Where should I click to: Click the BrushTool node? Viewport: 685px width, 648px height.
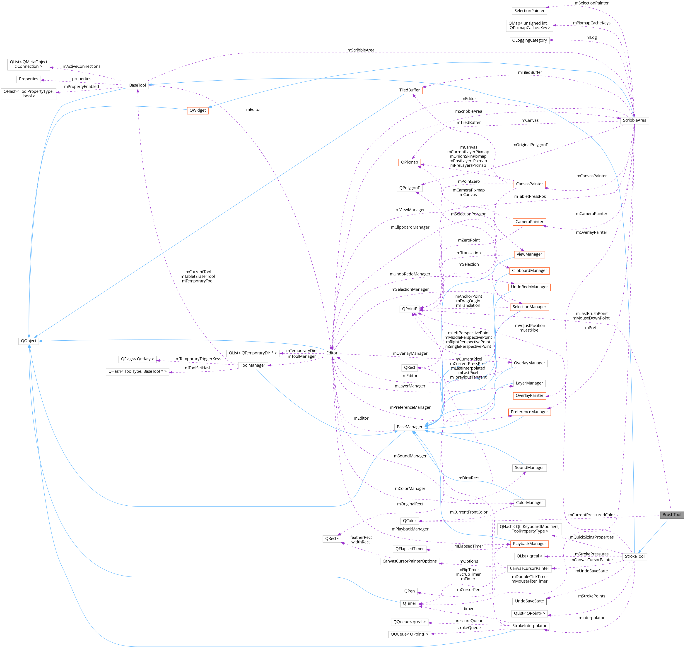[671, 515]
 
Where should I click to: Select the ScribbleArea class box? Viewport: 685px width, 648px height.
[634, 120]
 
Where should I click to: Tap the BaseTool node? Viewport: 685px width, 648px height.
[137, 85]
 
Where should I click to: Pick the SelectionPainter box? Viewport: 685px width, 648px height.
[529, 11]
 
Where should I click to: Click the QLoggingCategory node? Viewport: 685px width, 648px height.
[529, 41]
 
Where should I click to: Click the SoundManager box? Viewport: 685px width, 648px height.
[529, 468]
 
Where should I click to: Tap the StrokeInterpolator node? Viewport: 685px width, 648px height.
[529, 626]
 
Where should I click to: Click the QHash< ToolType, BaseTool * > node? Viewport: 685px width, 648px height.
[137, 371]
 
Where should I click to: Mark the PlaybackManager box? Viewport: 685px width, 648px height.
[529, 544]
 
